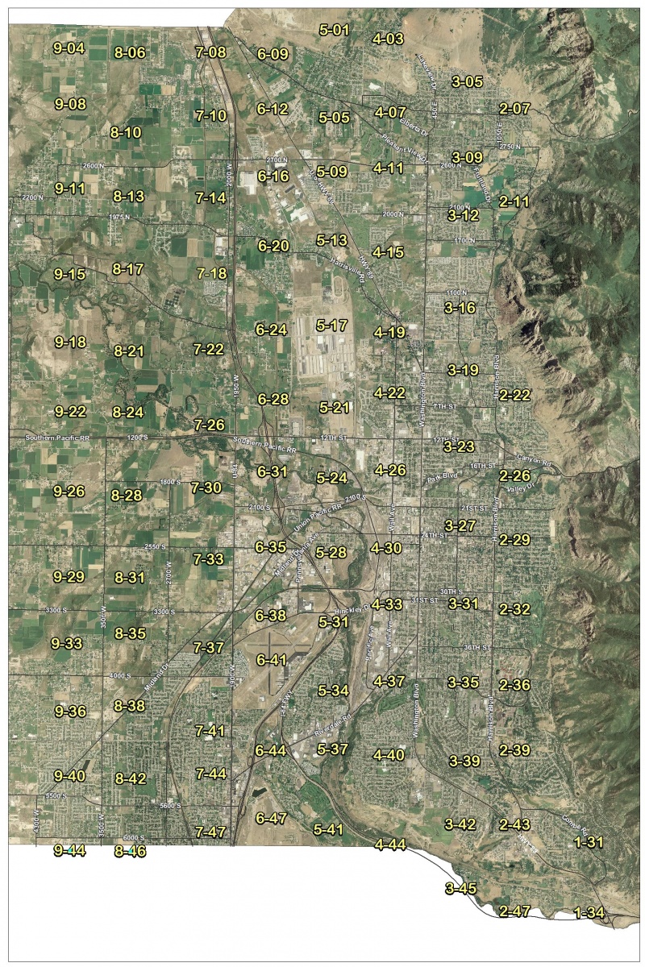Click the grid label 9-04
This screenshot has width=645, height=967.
(69, 48)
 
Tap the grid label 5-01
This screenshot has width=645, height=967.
(334, 31)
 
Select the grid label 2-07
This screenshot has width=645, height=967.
(514, 108)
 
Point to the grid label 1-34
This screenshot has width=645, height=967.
(589, 912)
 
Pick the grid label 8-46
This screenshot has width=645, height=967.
(130, 851)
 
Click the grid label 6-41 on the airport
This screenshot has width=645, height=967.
(272, 660)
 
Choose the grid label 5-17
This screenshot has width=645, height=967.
(332, 326)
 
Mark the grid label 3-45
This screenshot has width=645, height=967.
(460, 889)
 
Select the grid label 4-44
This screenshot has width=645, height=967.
(390, 844)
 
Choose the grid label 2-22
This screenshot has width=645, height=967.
(514, 395)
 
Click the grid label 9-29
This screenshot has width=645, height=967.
(69, 577)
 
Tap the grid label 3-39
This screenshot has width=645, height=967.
(464, 761)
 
